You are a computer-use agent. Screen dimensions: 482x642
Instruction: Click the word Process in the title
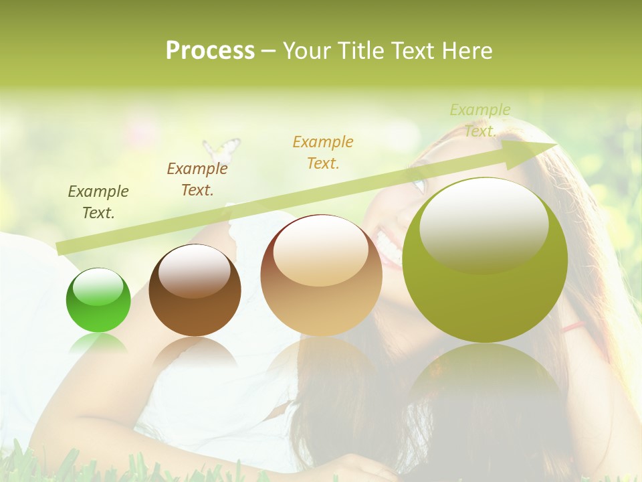click(210, 51)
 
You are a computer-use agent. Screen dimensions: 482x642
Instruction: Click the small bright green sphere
click(98, 301)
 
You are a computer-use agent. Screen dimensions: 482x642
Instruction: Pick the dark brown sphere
click(195, 291)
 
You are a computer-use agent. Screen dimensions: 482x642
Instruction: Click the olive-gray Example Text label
click(98, 202)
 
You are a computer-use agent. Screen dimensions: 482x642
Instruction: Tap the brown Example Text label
click(197, 179)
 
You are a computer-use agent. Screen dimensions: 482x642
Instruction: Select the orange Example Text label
click(323, 152)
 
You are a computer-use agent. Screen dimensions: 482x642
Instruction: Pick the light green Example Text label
click(479, 120)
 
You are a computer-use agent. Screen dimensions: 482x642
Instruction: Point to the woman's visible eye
click(419, 183)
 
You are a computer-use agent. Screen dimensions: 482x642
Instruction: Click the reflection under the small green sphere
click(98, 345)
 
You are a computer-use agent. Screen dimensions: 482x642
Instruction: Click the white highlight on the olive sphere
click(484, 224)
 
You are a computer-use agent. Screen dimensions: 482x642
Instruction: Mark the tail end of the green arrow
click(59, 249)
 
